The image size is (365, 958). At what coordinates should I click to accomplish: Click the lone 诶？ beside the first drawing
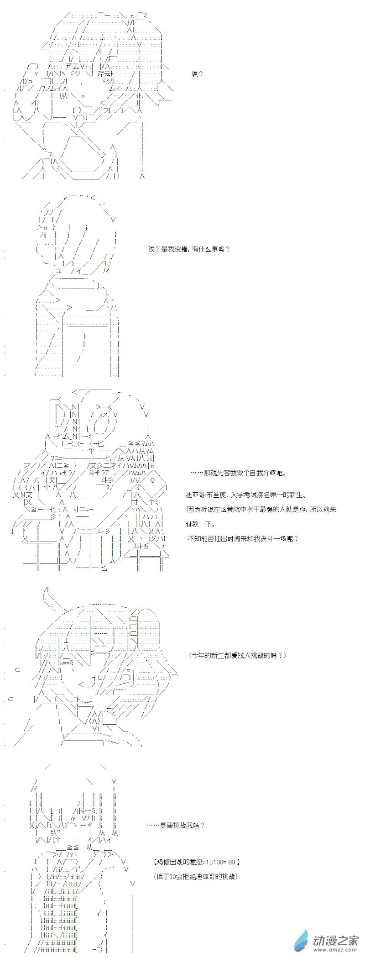click(x=197, y=74)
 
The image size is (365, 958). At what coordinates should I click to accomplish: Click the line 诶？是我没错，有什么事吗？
click(x=189, y=249)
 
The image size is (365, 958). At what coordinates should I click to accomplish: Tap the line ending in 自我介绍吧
click(x=238, y=473)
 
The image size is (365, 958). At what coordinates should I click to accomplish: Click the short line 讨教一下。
click(x=200, y=524)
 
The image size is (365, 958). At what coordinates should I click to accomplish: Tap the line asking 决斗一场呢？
click(x=243, y=538)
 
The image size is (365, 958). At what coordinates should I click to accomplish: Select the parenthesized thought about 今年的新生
click(x=237, y=655)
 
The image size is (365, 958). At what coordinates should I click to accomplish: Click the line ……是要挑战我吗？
click(x=176, y=825)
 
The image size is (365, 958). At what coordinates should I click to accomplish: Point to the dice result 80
click(x=231, y=862)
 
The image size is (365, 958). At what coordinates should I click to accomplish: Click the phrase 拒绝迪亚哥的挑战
click(x=208, y=876)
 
